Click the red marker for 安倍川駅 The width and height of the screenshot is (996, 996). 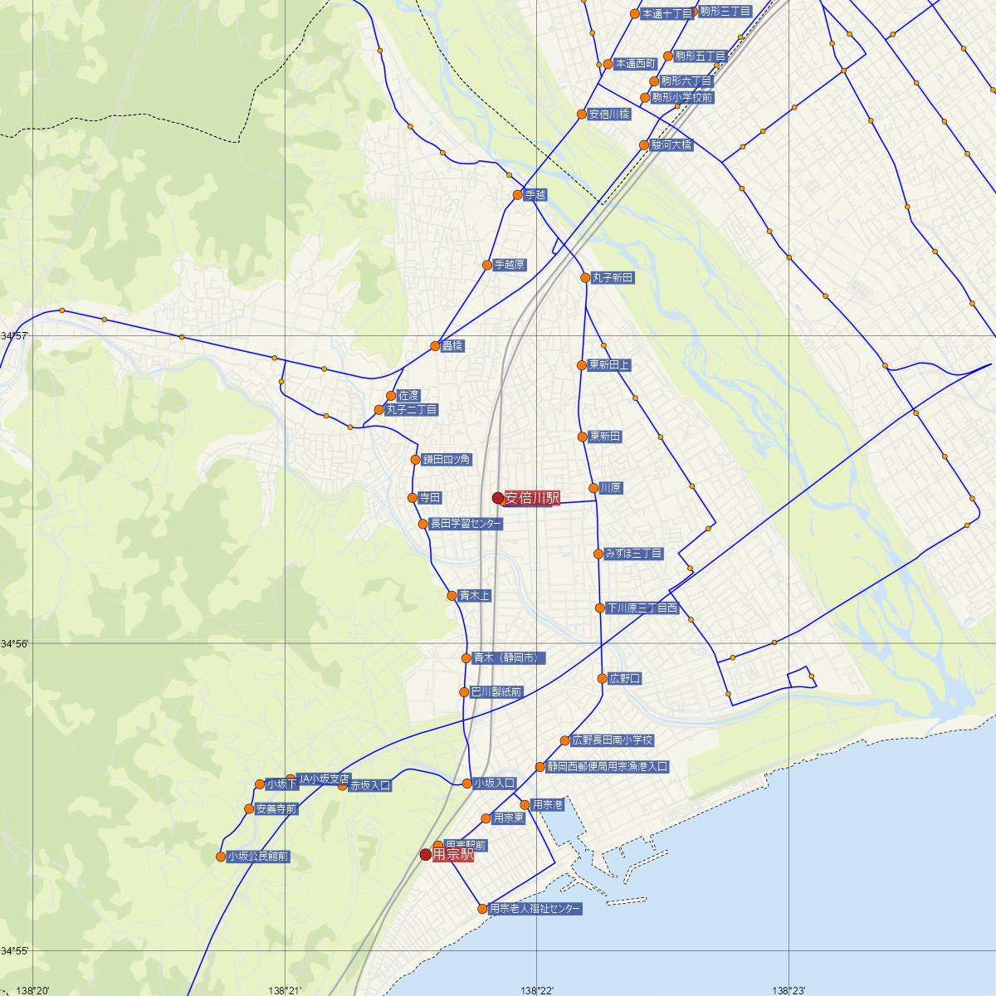498,498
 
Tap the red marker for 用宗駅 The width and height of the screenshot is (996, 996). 426,854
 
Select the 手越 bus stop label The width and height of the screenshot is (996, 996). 535,195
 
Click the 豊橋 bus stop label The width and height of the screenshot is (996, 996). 452,346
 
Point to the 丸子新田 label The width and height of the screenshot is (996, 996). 613,278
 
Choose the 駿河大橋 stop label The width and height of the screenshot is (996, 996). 671,145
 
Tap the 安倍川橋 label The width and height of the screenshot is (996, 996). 608,115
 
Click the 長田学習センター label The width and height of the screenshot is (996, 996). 465,524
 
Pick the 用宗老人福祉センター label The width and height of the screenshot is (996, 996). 535,909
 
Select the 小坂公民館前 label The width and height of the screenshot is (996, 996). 257,857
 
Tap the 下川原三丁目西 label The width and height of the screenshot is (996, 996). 642,608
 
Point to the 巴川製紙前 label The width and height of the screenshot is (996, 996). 496,692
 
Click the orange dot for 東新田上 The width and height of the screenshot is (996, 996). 582,365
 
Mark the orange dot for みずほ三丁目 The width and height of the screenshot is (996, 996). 598,554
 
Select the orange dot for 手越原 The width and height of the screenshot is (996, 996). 487,266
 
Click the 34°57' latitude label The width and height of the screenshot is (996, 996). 14,335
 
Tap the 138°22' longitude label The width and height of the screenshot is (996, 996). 537,989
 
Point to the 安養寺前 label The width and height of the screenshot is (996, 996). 276,809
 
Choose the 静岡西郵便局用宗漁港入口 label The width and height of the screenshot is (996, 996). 607,767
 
